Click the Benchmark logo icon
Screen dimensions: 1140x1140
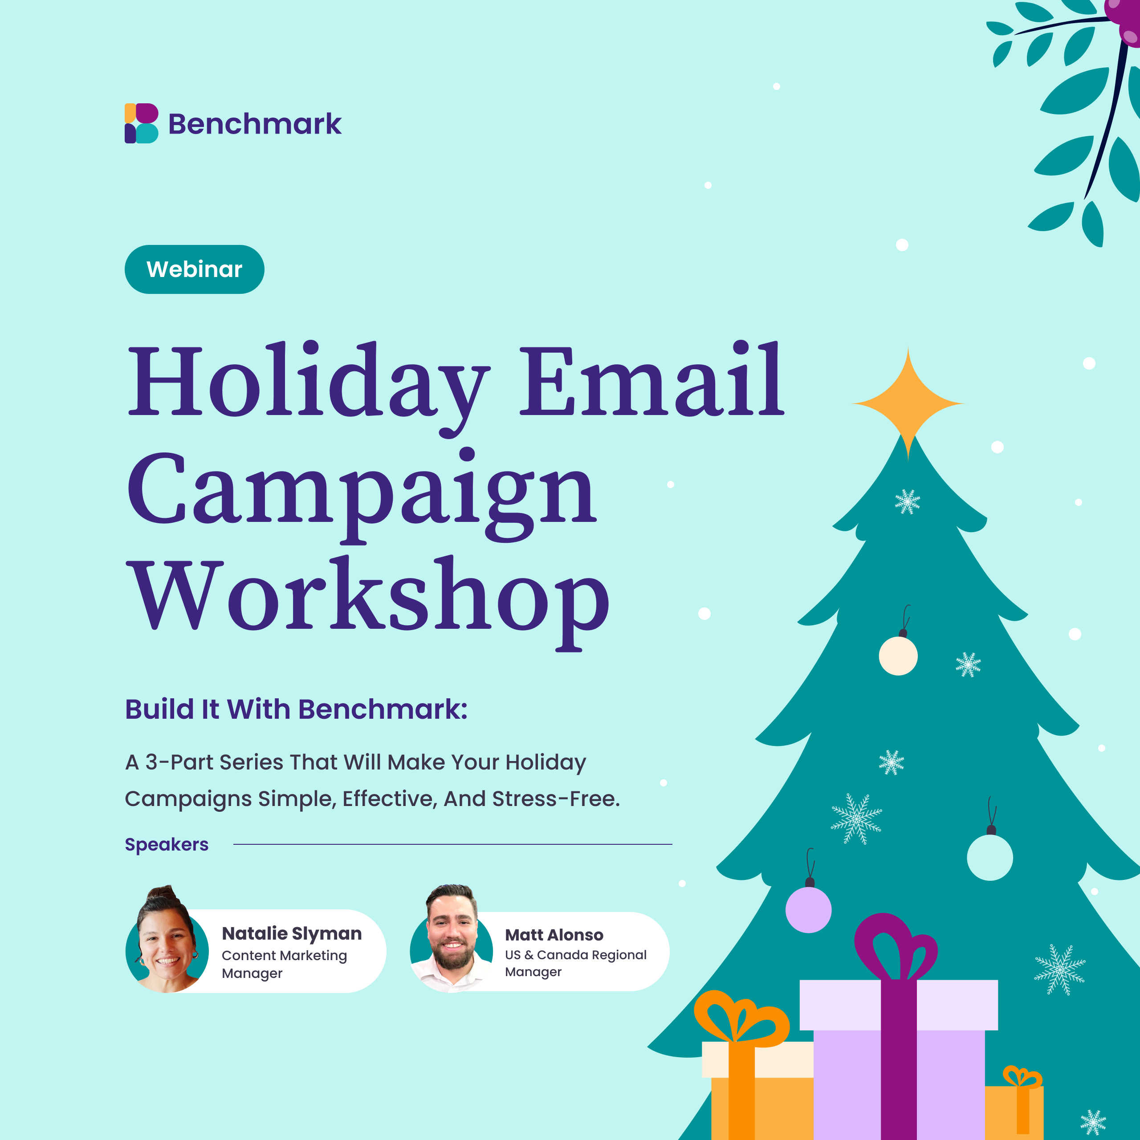[142, 123]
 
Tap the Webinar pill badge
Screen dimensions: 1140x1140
[194, 269]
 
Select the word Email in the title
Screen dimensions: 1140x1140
[651, 379]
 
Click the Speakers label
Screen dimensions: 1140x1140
[167, 844]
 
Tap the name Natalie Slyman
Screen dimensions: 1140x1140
[292, 933]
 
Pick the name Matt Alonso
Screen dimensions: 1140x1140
[554, 935]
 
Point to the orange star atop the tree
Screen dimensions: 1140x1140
[908, 403]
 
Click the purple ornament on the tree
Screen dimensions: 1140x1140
[808, 909]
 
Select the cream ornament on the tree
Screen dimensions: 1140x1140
[898, 655]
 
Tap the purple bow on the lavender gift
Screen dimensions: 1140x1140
[896, 948]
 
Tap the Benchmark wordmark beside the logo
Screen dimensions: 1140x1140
[255, 124]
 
